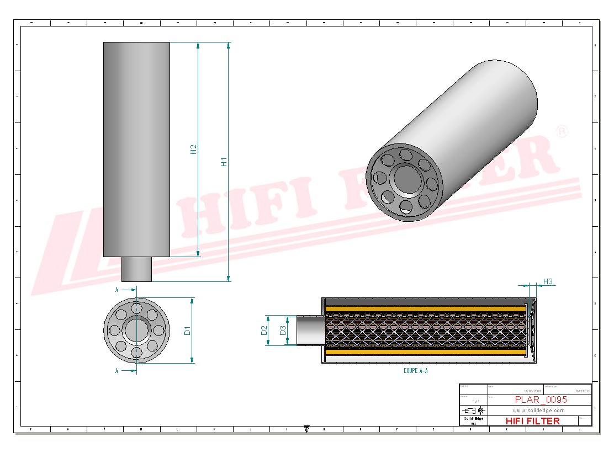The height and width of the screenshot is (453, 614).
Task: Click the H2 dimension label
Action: [x=194, y=150]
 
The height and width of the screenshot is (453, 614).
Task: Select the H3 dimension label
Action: [x=548, y=281]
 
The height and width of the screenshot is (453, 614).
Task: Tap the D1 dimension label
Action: [x=187, y=331]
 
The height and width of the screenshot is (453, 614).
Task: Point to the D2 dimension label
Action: [x=264, y=331]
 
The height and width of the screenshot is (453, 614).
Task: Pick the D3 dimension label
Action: [x=283, y=331]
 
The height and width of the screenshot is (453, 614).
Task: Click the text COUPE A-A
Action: [x=415, y=371]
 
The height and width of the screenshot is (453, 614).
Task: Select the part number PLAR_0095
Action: [x=541, y=399]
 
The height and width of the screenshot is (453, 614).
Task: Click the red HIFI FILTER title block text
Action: [x=532, y=421]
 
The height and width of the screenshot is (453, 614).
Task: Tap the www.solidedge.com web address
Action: [x=538, y=411]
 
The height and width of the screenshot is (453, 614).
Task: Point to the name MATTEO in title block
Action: [x=582, y=391]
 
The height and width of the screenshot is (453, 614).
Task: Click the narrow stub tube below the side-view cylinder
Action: [x=136, y=269]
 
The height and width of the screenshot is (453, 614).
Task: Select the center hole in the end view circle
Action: [x=136, y=331]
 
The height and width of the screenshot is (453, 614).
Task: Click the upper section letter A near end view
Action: [x=117, y=289]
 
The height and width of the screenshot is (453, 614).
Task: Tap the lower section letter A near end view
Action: [x=117, y=371]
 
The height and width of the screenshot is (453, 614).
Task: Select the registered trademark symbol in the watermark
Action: [x=562, y=131]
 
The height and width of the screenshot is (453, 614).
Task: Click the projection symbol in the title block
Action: [x=474, y=411]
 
